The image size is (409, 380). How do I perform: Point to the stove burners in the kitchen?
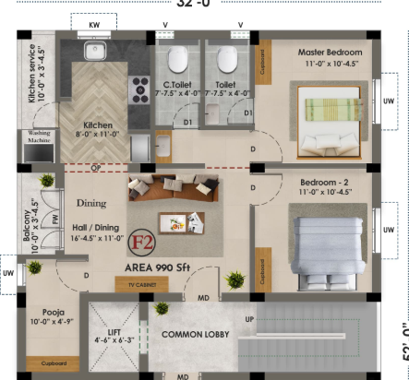click(x=141, y=89)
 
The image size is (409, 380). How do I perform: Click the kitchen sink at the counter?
click(x=94, y=52)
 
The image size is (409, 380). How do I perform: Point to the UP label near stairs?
click(x=248, y=319)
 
